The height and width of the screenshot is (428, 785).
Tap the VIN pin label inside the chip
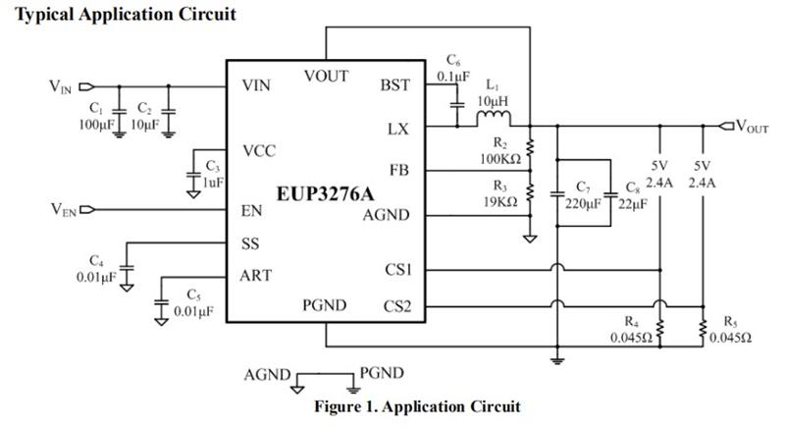click(x=257, y=85)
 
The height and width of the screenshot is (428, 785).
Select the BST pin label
click(x=394, y=85)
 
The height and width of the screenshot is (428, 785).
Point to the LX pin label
click(x=399, y=129)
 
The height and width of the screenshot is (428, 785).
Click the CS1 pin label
click(x=397, y=268)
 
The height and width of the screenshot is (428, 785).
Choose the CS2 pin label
click(x=397, y=307)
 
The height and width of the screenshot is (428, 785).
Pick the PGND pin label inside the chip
click(x=325, y=305)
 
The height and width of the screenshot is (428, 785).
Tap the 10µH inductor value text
click(x=493, y=101)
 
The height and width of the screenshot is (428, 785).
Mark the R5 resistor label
click(x=730, y=320)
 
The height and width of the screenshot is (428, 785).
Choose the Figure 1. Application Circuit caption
click(x=417, y=406)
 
